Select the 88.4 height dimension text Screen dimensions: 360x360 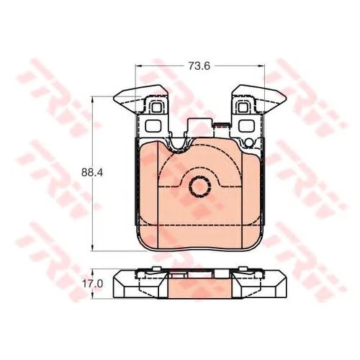point(92,172)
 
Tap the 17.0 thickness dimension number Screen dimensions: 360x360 point(93,284)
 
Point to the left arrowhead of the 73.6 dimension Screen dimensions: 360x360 point(138,66)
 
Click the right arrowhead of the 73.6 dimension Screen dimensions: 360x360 point(261,66)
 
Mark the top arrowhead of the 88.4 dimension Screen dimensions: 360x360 point(92,99)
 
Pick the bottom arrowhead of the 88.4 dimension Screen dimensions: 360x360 point(92,248)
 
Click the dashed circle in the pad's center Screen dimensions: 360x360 point(200,186)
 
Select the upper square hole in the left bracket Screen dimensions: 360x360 point(157,107)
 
